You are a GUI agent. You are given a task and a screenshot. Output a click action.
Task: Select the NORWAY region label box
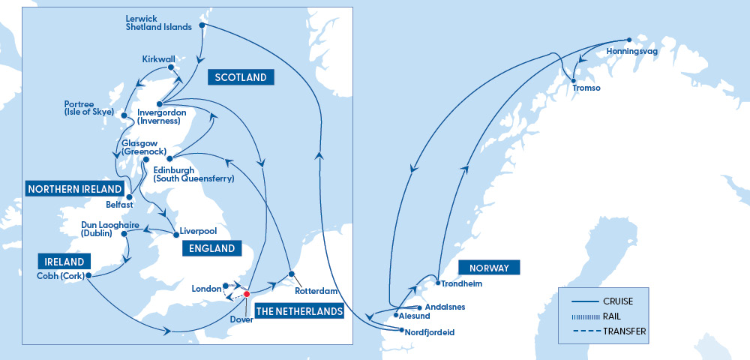click(x=489, y=268)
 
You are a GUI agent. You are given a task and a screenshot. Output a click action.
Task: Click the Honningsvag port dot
click(x=628, y=40)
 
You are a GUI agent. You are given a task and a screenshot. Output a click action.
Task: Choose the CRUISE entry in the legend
click(x=616, y=301)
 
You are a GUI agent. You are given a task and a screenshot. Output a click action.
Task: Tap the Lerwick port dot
click(x=201, y=26)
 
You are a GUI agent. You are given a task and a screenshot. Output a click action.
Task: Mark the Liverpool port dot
click(x=176, y=235)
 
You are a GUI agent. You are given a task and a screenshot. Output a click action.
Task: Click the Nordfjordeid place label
click(x=430, y=331)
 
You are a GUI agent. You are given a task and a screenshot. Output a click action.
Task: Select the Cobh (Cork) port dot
click(x=88, y=275)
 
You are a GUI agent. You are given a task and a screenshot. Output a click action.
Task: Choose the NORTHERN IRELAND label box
click(x=74, y=188)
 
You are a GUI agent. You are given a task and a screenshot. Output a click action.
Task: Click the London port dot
click(x=226, y=286)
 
